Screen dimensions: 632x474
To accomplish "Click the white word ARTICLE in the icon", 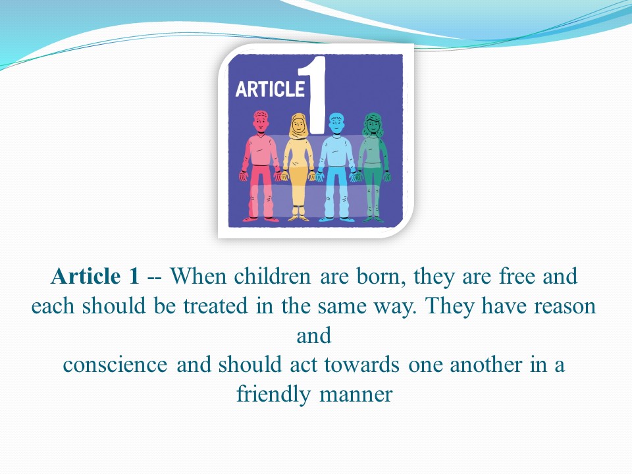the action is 270,89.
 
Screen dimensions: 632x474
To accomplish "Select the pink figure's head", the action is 261,121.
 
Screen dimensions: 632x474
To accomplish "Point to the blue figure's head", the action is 336,123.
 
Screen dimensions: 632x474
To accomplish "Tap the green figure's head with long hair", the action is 373,124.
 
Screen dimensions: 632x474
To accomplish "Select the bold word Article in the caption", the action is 86,276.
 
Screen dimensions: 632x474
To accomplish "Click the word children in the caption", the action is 273,276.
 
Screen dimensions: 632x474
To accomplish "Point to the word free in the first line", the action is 517,276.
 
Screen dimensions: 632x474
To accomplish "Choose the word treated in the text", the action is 216,306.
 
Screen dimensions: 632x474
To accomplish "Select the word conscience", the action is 115,365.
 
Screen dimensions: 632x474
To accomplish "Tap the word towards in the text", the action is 361,365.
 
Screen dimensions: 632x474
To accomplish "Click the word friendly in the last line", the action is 273,394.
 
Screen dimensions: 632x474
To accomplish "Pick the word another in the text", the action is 486,365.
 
